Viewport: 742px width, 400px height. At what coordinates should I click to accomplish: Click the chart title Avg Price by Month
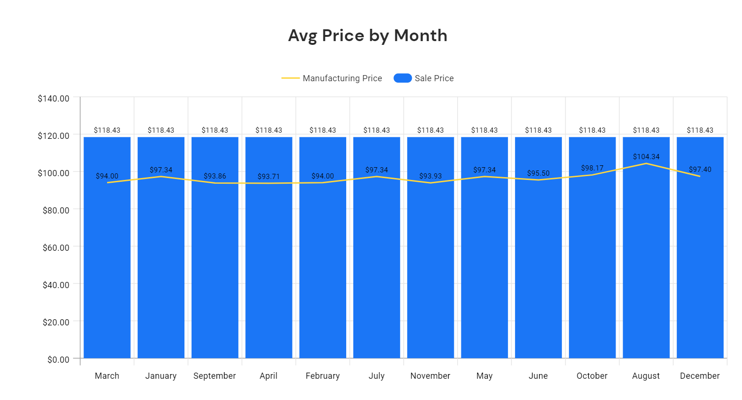pyautogui.click(x=367, y=36)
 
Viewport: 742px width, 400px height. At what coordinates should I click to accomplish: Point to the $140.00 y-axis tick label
pyautogui.click(x=53, y=99)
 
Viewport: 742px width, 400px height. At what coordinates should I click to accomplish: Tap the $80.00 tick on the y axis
pyautogui.click(x=56, y=210)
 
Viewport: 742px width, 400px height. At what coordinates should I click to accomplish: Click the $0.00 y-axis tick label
pyautogui.click(x=58, y=359)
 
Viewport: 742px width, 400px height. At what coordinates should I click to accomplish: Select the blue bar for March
pyautogui.click(x=107, y=264)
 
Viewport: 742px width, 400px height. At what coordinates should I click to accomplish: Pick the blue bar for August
pyautogui.click(x=646, y=264)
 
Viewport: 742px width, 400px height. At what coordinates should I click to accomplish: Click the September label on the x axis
pyautogui.click(x=215, y=376)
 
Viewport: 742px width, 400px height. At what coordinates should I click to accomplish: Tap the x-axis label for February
pyautogui.click(x=323, y=376)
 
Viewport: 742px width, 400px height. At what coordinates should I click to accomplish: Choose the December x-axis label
pyautogui.click(x=700, y=376)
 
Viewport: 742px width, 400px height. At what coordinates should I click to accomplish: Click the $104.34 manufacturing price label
pyautogui.click(x=646, y=157)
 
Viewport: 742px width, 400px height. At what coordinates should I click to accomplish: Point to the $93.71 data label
pyautogui.click(x=268, y=177)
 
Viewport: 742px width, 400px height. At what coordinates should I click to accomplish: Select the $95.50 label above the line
pyautogui.click(x=538, y=173)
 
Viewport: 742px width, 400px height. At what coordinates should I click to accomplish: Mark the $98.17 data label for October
pyautogui.click(x=592, y=168)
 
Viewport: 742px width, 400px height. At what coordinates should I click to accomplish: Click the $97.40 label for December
pyautogui.click(x=700, y=170)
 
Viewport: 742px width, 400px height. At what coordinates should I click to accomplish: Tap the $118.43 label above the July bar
pyautogui.click(x=376, y=130)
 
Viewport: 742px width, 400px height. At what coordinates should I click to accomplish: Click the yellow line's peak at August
pyautogui.click(x=646, y=163)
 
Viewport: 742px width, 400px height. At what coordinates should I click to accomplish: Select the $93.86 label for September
pyautogui.click(x=215, y=176)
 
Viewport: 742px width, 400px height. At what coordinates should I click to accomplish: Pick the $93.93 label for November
pyautogui.click(x=430, y=176)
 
